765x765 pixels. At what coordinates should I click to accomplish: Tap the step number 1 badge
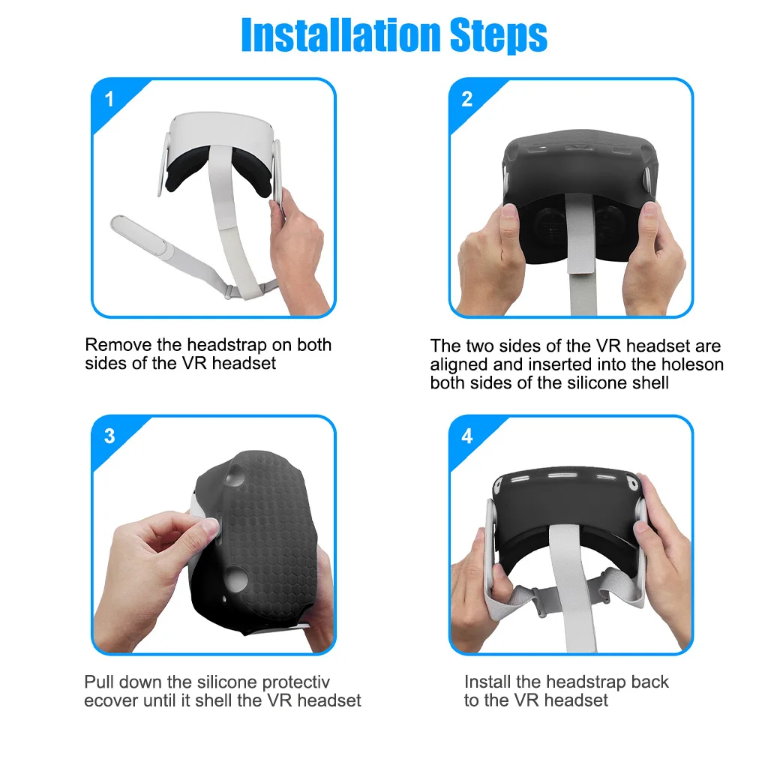point(109,100)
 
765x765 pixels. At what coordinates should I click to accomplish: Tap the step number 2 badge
point(467,100)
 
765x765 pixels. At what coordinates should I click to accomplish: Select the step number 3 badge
point(109,436)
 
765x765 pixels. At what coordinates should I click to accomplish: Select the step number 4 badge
point(467,436)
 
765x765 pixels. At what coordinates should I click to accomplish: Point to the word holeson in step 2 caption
point(694,364)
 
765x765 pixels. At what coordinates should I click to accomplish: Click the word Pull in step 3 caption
point(98,682)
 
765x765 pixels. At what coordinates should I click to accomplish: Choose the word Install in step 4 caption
point(492,682)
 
